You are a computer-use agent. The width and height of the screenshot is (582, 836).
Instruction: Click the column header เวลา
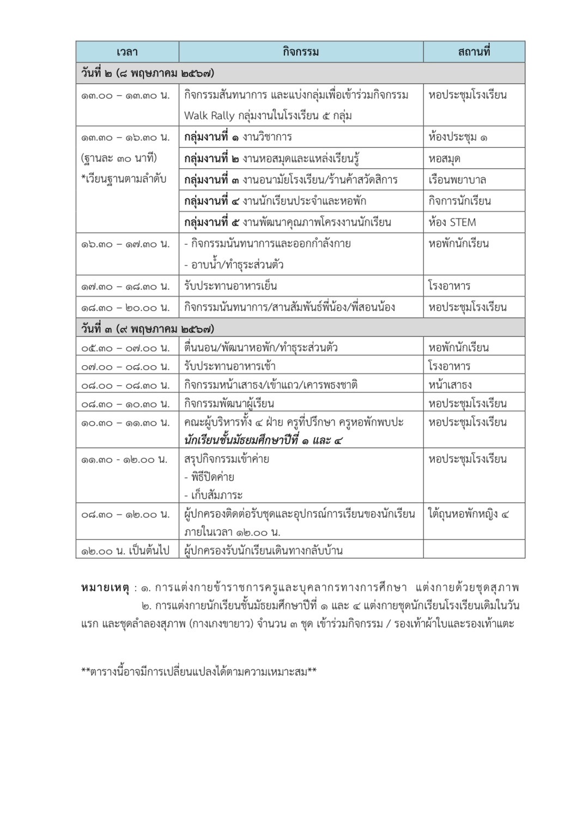127,52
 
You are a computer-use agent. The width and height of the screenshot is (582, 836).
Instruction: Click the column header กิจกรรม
301,52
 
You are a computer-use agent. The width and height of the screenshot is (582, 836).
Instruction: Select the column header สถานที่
474,52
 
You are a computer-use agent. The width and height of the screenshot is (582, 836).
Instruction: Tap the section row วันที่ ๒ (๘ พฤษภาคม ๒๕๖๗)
148,73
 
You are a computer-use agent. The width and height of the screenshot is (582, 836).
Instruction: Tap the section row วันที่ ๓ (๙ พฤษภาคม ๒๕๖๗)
148,329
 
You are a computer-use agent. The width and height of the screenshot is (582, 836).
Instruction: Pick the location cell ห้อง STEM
452,222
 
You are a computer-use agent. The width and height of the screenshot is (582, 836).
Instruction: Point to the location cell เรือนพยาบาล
457,180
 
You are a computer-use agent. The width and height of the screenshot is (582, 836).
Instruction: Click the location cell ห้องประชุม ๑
458,137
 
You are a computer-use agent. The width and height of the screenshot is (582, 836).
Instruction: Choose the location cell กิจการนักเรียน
459,201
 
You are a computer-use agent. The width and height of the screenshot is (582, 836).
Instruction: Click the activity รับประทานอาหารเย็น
231,286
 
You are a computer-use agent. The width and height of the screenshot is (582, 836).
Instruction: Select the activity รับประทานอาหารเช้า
229,366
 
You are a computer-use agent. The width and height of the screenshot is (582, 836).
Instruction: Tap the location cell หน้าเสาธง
450,385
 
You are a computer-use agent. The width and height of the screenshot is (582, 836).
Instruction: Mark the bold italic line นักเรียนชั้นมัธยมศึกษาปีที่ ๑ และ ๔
263,440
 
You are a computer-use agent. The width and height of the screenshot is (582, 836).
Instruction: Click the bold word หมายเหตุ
105,587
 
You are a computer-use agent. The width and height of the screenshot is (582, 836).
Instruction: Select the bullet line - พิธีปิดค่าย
209,477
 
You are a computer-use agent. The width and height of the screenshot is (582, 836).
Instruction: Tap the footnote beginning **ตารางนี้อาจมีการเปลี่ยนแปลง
199,671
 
